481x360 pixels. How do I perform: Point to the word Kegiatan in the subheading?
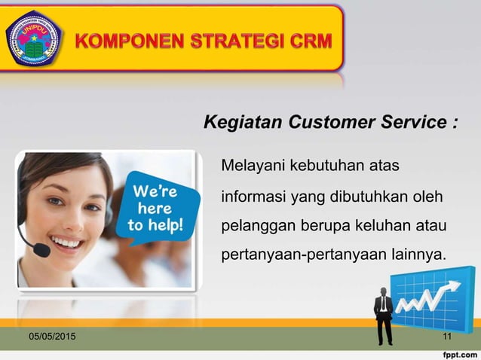(238, 122)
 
